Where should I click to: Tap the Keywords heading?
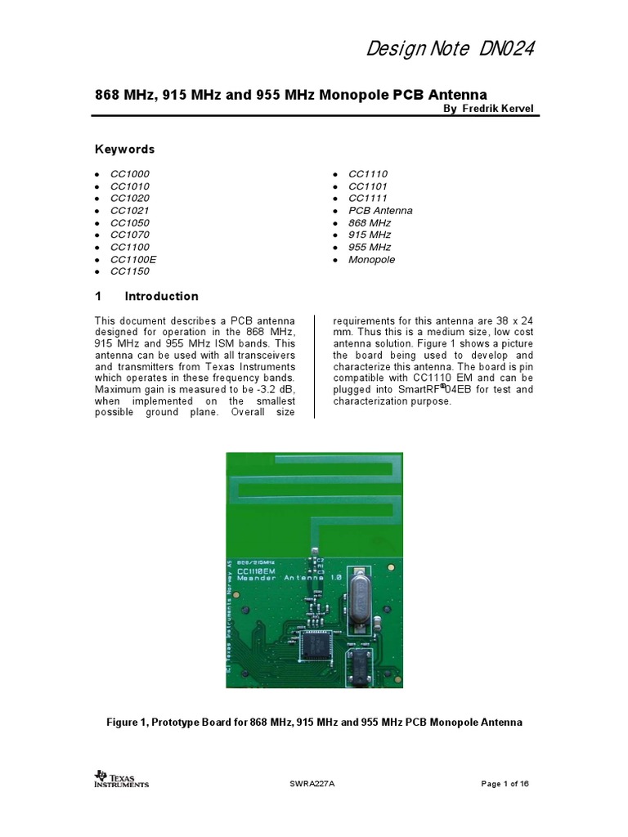(x=124, y=150)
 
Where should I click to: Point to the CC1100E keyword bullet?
(x=133, y=259)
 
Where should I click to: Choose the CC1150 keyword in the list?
(x=130, y=271)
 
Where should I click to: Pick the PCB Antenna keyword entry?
(x=380, y=210)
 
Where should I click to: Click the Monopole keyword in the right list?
(x=371, y=259)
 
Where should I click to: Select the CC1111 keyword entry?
(x=368, y=198)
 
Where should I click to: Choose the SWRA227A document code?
(x=312, y=784)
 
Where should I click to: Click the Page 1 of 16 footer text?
(x=505, y=784)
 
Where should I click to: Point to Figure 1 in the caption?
(x=130, y=723)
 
